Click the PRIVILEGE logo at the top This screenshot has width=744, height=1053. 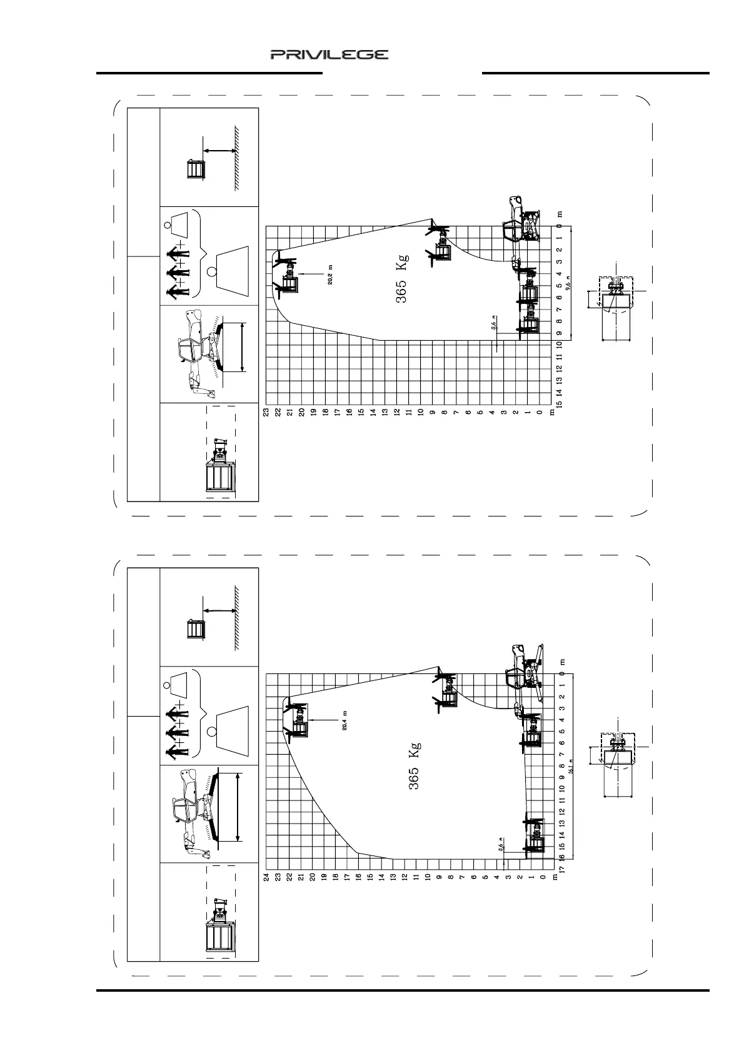click(x=329, y=55)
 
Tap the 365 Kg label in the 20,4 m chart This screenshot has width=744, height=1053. click(x=415, y=766)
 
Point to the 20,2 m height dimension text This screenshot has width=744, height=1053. click(x=331, y=275)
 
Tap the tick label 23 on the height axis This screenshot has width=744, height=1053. click(x=266, y=411)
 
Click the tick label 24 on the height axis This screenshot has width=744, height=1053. click(x=266, y=876)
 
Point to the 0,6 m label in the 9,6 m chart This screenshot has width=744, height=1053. click(x=493, y=323)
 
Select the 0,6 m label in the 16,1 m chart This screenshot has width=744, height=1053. click(x=500, y=849)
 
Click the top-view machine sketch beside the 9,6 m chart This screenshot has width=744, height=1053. click(x=616, y=301)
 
